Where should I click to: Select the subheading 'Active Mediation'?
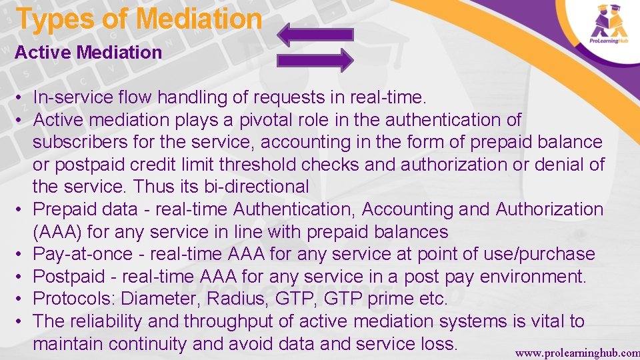pos(88,52)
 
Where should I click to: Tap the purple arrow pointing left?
pos(315,35)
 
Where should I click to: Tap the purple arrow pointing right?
pos(315,60)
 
